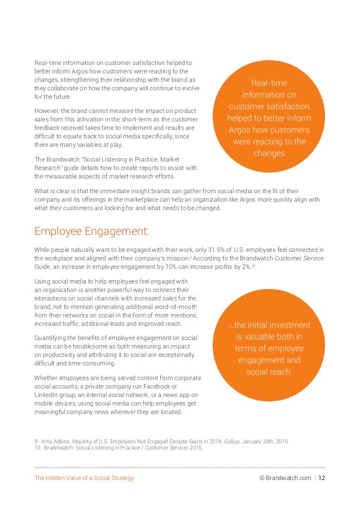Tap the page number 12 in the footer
tap(322, 478)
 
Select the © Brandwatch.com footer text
tap(284, 478)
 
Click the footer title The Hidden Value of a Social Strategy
tap(84, 478)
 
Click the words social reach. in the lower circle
tap(269, 372)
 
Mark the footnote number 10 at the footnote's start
tap(38, 448)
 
